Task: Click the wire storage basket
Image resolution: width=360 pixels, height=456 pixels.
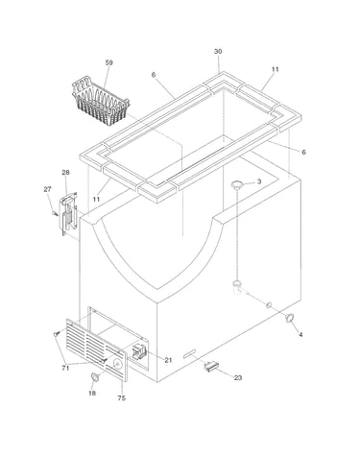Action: [x=101, y=101]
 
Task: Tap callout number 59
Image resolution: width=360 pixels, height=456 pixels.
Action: [x=109, y=62]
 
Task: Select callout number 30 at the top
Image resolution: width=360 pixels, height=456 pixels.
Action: [x=218, y=52]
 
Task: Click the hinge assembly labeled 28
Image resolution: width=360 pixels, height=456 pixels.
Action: [x=69, y=213]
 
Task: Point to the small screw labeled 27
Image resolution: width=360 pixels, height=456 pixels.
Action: [x=56, y=213]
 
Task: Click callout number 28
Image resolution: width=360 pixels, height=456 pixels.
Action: [x=65, y=173]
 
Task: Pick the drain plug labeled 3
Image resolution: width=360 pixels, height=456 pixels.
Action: [x=237, y=184]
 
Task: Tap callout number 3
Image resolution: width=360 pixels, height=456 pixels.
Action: [x=259, y=181]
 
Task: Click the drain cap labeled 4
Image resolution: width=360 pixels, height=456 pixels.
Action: [x=290, y=318]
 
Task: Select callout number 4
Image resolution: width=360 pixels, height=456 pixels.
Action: [x=300, y=335]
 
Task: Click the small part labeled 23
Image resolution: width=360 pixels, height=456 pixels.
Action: [x=211, y=366]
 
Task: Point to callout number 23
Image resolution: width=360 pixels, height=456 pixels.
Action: [x=238, y=378]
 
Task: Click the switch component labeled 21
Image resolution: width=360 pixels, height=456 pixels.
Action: [x=139, y=351]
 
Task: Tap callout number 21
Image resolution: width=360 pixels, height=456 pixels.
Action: [x=168, y=360]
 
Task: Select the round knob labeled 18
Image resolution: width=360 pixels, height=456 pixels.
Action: [x=95, y=377]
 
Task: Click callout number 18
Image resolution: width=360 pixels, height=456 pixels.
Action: [x=92, y=393]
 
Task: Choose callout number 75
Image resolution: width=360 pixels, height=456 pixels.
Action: [x=122, y=398]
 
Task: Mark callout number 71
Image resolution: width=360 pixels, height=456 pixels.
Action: [x=65, y=369]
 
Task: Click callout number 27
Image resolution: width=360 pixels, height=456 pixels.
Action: [x=47, y=189]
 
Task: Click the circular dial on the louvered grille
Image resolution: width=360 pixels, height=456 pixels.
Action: [x=118, y=364]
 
